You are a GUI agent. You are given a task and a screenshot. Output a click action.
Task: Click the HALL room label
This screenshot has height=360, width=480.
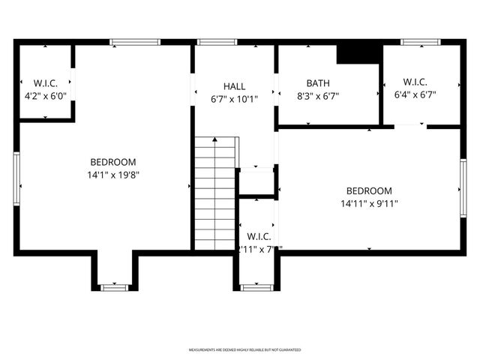(234, 86)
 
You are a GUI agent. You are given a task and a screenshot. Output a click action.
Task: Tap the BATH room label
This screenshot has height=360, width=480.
(318, 82)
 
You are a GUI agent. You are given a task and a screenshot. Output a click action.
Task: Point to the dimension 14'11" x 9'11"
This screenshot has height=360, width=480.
(369, 203)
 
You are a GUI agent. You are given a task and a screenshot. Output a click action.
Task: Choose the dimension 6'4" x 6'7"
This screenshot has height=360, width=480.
(415, 94)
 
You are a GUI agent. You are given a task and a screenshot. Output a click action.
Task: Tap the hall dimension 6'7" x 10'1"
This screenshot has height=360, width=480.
(234, 99)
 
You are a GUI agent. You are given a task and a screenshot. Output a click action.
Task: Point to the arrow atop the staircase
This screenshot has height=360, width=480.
(215, 140)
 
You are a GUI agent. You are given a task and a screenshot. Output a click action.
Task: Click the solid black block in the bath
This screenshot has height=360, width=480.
(357, 55)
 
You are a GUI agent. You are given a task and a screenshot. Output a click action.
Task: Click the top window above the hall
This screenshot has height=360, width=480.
(217, 42)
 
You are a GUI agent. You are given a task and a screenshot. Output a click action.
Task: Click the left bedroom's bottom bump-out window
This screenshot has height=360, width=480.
(114, 287)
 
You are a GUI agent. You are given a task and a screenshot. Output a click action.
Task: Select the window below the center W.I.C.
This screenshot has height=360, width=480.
(255, 287)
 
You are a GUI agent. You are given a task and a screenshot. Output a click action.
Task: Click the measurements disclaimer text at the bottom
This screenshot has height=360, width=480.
(244, 350)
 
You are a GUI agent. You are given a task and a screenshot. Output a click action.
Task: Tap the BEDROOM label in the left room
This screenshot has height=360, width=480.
(113, 162)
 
